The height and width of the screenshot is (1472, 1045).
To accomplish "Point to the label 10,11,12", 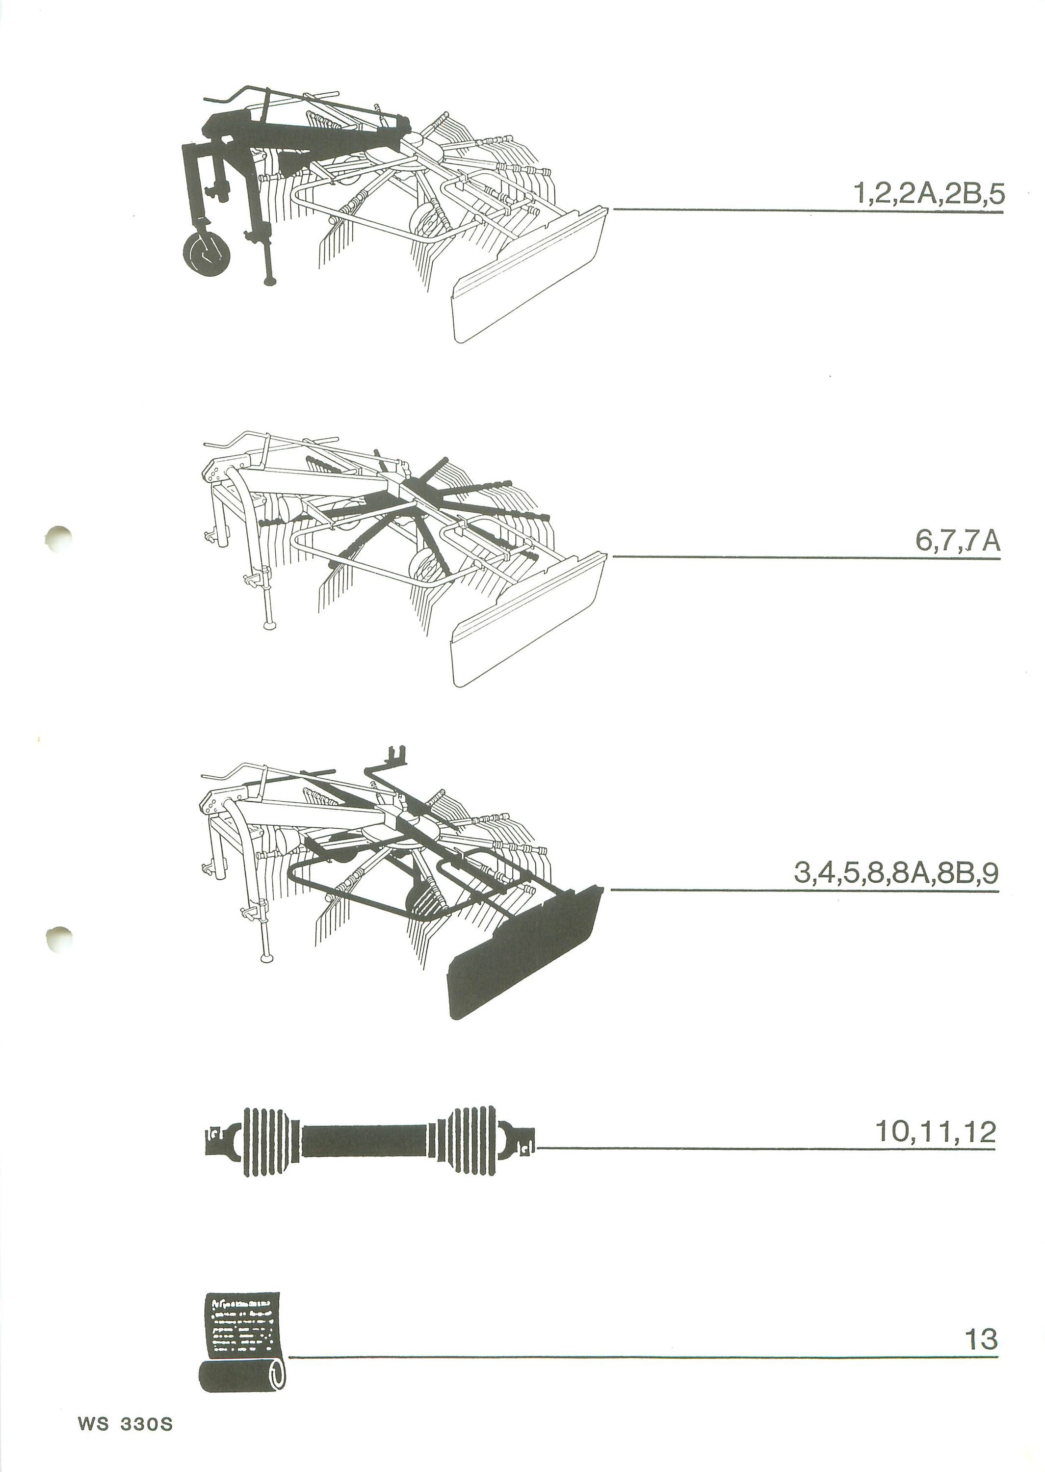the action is point(936,1131).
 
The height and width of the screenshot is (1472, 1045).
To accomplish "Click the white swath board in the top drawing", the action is point(529,274).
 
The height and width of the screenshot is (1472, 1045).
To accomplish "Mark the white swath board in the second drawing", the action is point(529,620).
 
